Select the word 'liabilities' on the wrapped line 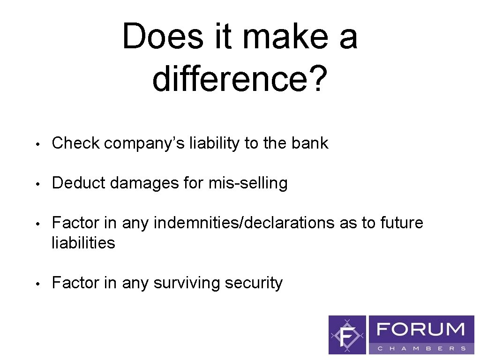(83, 243)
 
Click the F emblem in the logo (347, 335)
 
